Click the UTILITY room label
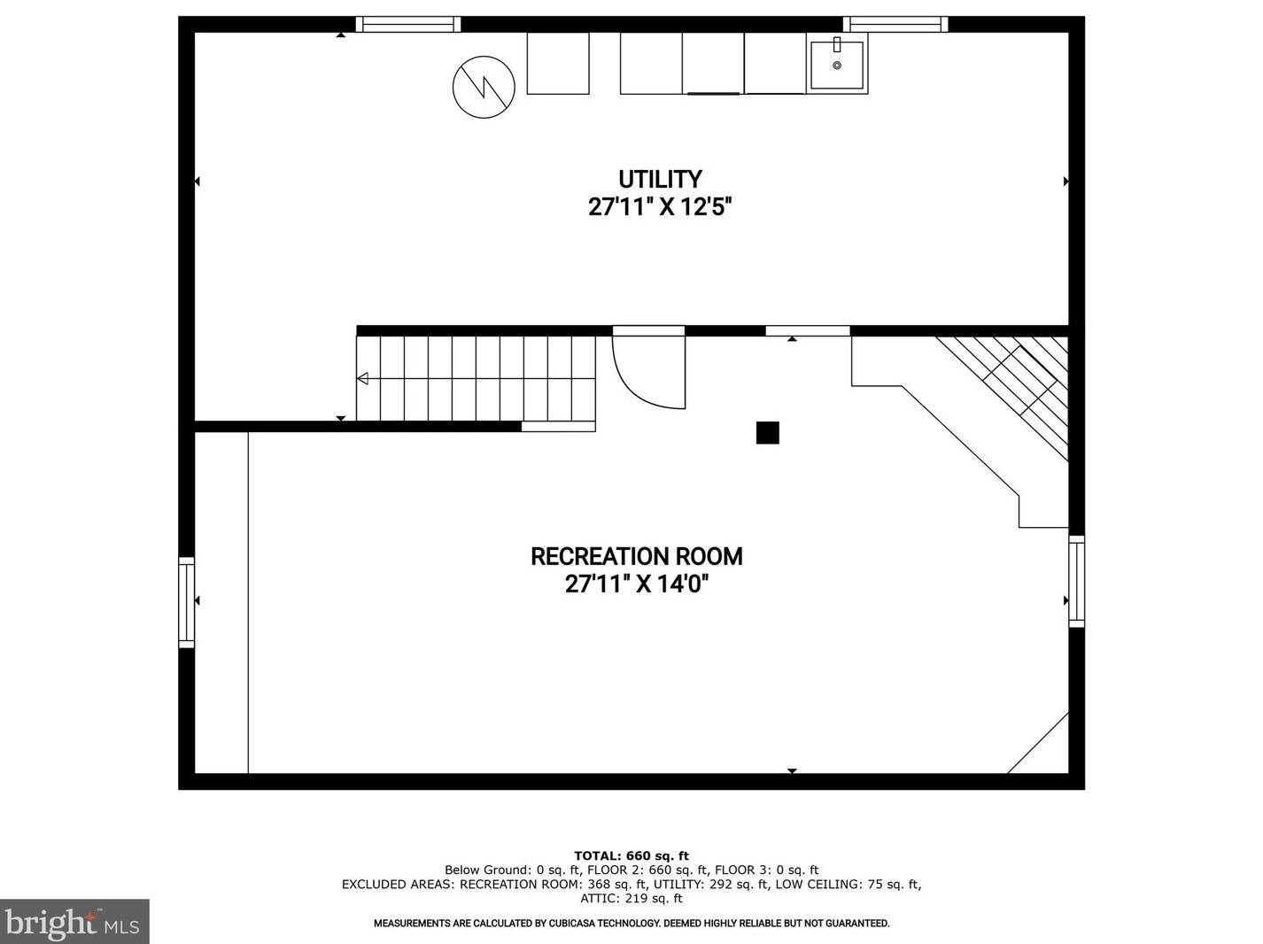click(x=660, y=179)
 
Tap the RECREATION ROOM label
click(x=637, y=556)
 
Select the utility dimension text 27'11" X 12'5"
click(x=660, y=206)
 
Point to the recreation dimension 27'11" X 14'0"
click(x=637, y=584)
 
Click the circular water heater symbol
click(x=484, y=87)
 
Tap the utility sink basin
click(x=837, y=64)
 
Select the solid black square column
click(x=767, y=433)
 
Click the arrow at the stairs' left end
click(x=362, y=378)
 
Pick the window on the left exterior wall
click(x=186, y=601)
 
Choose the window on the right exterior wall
click(x=1077, y=581)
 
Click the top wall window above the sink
click(x=895, y=24)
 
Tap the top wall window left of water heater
click(x=408, y=24)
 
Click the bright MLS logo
click(x=74, y=922)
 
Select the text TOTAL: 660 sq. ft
click(x=631, y=856)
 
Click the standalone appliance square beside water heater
click(x=558, y=63)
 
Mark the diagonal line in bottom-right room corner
click(x=1038, y=743)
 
